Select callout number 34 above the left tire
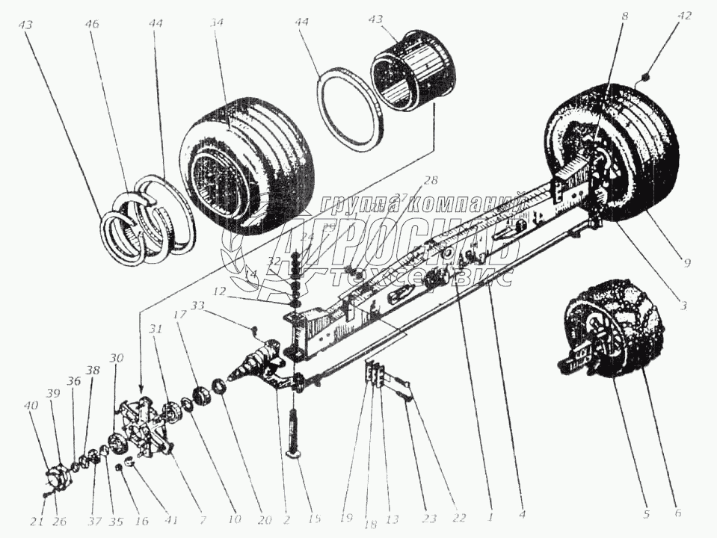217,23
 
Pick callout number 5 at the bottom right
646,515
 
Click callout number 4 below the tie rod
523,515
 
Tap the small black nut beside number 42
646,76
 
